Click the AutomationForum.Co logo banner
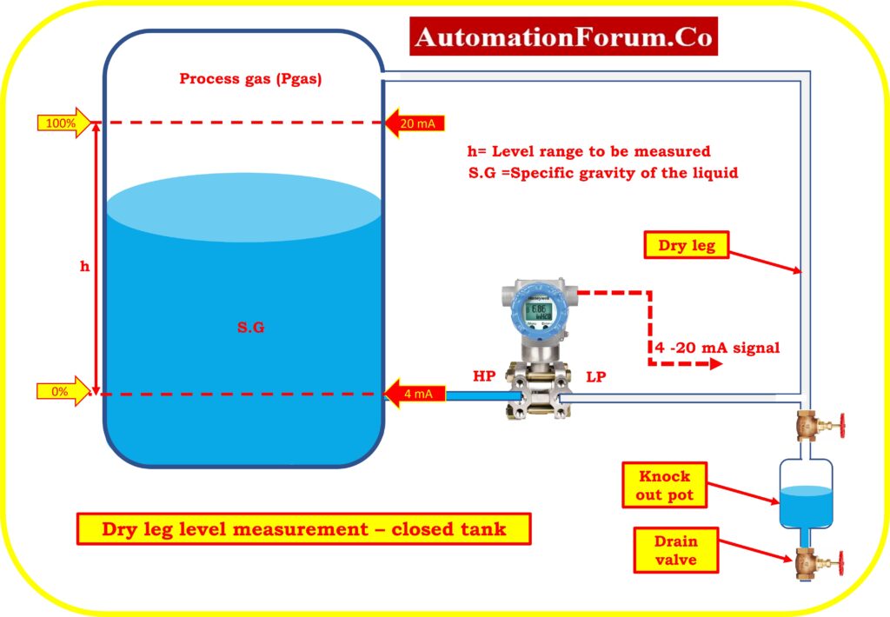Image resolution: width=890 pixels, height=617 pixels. (x=563, y=36)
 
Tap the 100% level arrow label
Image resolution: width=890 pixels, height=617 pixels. (x=64, y=123)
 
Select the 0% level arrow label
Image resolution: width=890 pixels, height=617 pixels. (x=63, y=392)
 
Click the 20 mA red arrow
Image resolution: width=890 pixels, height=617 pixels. (x=415, y=123)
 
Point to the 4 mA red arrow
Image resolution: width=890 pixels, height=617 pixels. (x=415, y=394)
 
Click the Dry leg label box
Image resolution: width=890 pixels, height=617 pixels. (x=687, y=245)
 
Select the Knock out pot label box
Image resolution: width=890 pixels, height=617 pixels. (x=664, y=485)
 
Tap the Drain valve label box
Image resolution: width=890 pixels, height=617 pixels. (x=675, y=550)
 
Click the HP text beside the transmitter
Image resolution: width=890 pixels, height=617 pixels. (x=484, y=375)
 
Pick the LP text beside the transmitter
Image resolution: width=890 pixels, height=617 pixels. (x=596, y=376)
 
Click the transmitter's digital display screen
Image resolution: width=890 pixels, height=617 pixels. (x=538, y=311)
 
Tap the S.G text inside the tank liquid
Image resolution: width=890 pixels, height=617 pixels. (x=250, y=327)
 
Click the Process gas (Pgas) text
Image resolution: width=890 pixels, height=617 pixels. (x=250, y=78)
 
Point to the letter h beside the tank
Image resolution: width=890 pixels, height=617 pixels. (x=84, y=266)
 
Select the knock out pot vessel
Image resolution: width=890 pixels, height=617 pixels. (x=806, y=493)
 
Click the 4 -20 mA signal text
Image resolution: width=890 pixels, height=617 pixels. (x=717, y=348)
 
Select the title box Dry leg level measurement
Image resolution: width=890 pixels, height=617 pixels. (x=303, y=529)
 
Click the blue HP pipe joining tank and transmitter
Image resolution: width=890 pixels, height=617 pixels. (x=483, y=395)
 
